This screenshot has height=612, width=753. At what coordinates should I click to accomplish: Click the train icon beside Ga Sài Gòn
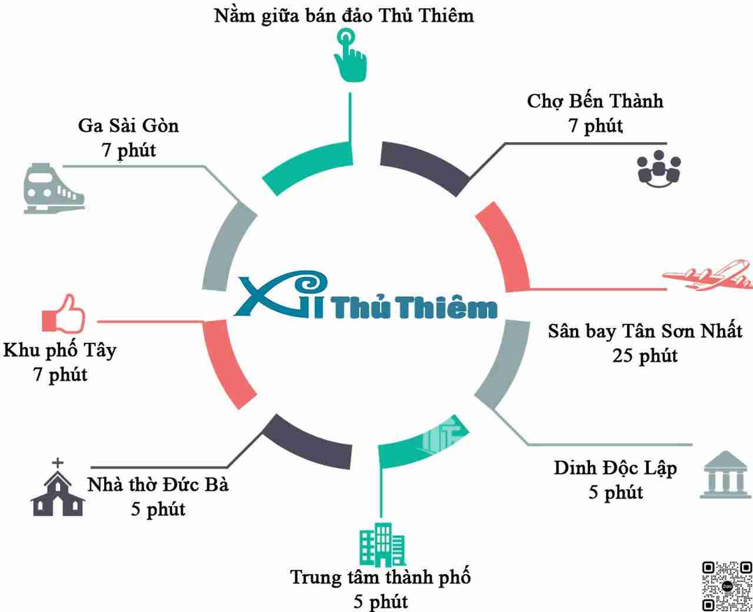(x=53, y=188)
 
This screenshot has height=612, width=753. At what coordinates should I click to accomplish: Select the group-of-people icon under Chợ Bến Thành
(x=659, y=168)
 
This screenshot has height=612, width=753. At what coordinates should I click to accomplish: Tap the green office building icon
(x=382, y=545)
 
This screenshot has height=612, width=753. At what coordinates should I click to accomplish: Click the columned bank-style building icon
(x=725, y=475)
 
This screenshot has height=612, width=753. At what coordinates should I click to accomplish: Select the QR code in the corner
(x=727, y=586)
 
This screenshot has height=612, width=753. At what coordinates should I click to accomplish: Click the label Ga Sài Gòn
(x=128, y=125)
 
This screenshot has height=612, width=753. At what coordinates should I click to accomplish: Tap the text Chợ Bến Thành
(x=595, y=101)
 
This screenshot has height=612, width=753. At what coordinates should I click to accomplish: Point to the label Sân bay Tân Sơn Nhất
(x=645, y=331)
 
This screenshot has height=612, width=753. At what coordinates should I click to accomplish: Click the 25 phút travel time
(x=645, y=356)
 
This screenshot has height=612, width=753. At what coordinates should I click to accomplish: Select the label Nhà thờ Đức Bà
(x=158, y=485)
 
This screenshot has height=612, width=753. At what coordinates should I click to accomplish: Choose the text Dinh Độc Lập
(x=615, y=468)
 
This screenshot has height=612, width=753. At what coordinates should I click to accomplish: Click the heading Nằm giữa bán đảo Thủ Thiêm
(x=344, y=16)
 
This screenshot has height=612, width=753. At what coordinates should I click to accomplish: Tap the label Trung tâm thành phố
(x=380, y=577)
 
